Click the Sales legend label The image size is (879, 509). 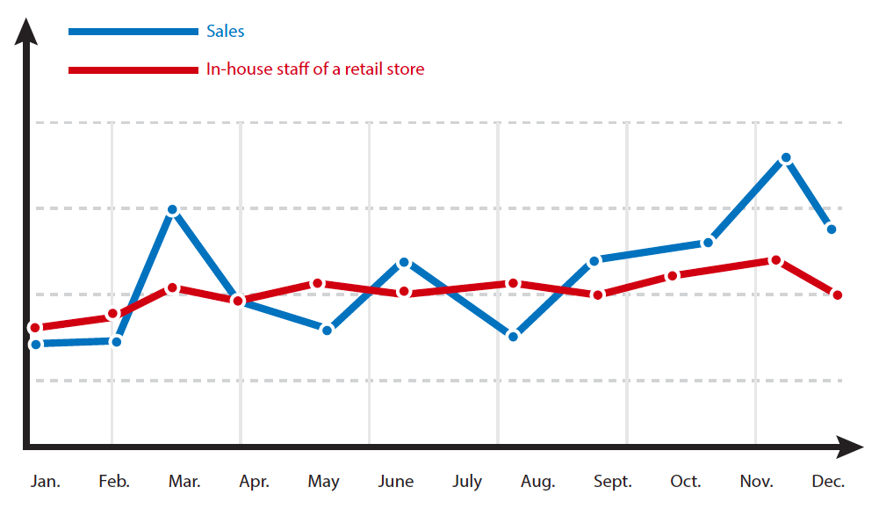tap(226, 31)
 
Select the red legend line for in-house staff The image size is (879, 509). tap(133, 70)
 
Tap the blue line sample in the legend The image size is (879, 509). tap(133, 32)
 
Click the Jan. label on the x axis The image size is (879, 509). tap(46, 481)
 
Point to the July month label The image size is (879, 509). tap(467, 482)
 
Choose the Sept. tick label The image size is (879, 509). tap(613, 482)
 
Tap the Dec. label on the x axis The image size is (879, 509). tap(828, 481)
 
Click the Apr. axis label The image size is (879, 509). tap(254, 482)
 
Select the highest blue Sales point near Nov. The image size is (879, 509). tap(786, 158)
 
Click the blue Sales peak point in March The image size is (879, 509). tap(173, 210)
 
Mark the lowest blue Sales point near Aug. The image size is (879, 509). tap(513, 337)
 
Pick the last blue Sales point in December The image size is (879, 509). tap(832, 229)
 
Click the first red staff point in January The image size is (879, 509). tap(35, 328)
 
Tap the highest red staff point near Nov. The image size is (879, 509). tap(776, 260)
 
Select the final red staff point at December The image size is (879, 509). tap(838, 295)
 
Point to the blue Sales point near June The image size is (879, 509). tap(404, 263)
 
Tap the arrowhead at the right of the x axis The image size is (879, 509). tap(850, 447)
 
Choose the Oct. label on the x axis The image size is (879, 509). tap(685, 481)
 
